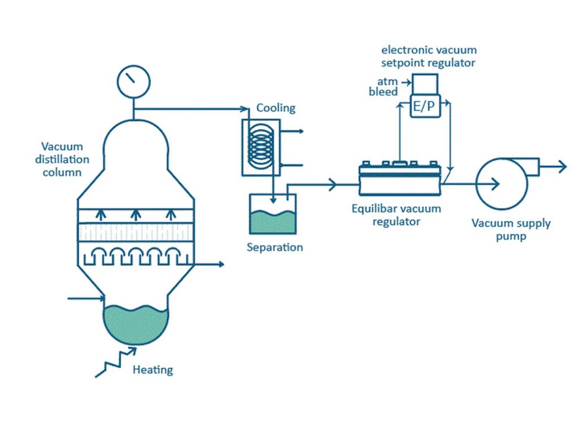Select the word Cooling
point(276,108)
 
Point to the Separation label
point(275,247)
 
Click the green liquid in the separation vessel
point(272,223)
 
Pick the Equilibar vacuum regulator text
point(396,215)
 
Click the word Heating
point(153,370)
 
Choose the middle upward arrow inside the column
point(136,214)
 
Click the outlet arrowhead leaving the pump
point(561,166)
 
